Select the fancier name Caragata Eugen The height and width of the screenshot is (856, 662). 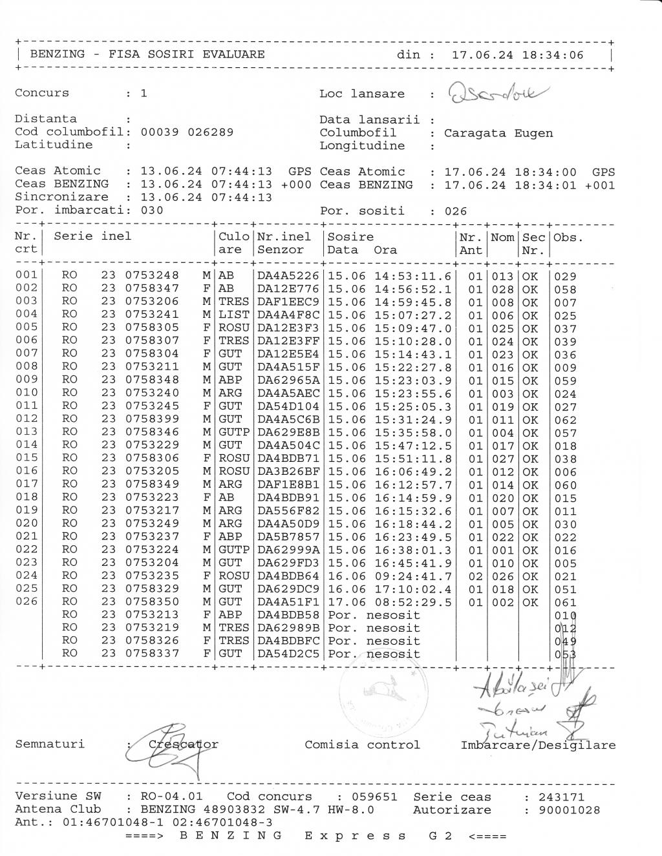(x=498, y=133)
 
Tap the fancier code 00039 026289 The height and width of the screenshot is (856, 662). (x=187, y=132)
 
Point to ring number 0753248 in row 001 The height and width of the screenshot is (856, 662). (x=152, y=276)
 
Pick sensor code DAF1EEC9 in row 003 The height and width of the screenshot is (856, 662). (x=288, y=302)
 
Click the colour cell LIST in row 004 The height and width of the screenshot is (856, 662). (x=233, y=315)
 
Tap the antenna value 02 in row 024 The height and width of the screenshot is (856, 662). (x=475, y=576)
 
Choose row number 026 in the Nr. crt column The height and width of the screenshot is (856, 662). (x=27, y=601)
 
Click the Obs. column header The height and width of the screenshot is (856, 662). (x=568, y=237)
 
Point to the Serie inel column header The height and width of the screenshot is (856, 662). (x=92, y=236)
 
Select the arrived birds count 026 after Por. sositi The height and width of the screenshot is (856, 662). (x=455, y=211)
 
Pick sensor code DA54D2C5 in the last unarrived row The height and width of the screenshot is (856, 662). (x=288, y=654)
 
